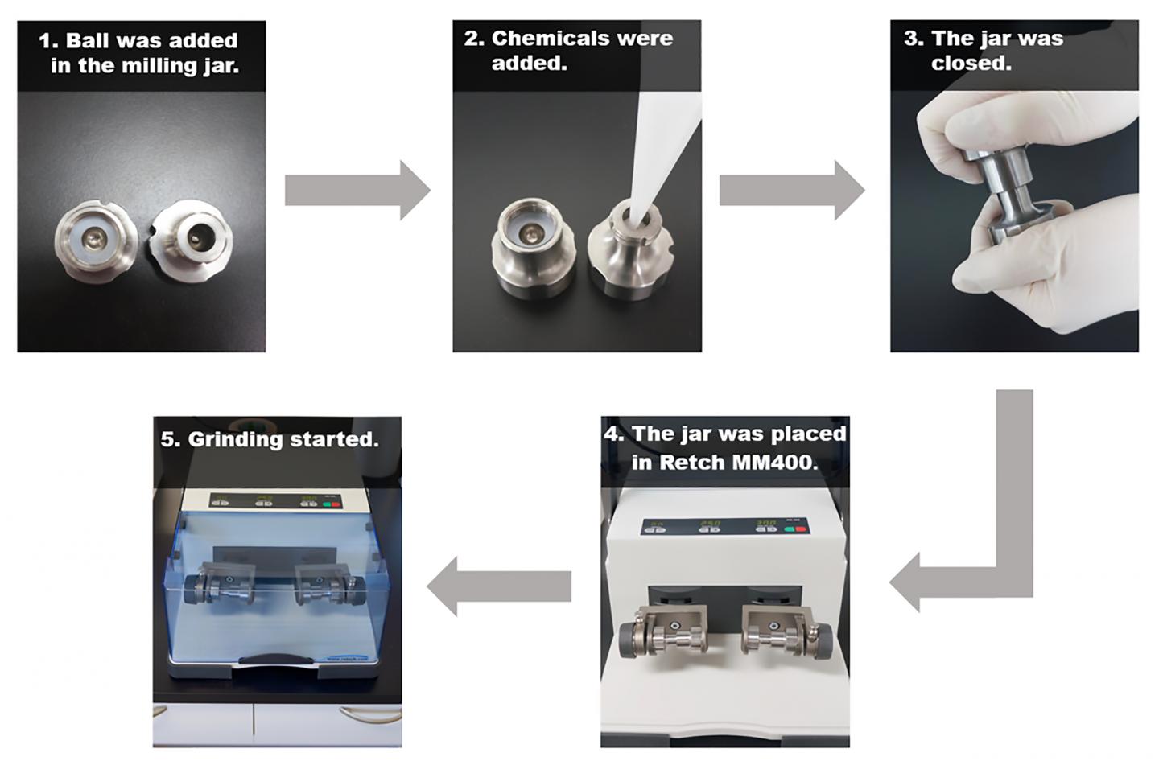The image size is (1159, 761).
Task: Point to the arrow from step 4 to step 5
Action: (499, 586)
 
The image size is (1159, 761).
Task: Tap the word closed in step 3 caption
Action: (971, 63)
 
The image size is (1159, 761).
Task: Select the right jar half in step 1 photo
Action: (192, 237)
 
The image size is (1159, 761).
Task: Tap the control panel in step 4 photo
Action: (724, 526)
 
